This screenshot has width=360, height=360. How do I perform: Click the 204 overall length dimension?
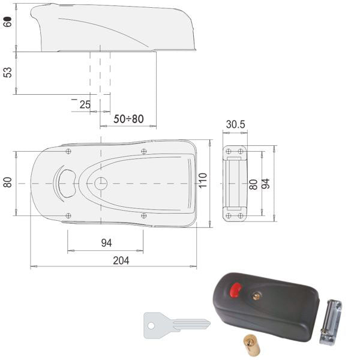pos(120,260)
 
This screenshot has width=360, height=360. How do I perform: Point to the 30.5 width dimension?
pos(235,124)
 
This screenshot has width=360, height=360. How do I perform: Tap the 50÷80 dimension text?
pos(129,119)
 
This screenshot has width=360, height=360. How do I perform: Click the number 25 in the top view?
pos(85,104)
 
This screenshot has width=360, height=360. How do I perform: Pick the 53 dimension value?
pos(8,73)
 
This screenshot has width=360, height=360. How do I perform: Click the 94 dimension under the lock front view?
pos(106,243)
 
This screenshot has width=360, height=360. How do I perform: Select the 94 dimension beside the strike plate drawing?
pos(266,183)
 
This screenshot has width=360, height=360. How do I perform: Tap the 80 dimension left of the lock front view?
pos(8,182)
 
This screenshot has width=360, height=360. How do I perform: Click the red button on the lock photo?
pos(235,291)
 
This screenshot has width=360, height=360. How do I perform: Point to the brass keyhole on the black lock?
pos(257,295)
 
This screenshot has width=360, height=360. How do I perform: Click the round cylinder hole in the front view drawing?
pos(101,183)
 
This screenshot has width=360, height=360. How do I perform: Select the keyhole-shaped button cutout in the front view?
pos(67,182)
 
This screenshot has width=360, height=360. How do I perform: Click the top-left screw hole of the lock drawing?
pos(68,151)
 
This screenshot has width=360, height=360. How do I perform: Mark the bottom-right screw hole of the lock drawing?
pos(143,215)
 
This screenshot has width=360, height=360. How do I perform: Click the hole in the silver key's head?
pos(151,326)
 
